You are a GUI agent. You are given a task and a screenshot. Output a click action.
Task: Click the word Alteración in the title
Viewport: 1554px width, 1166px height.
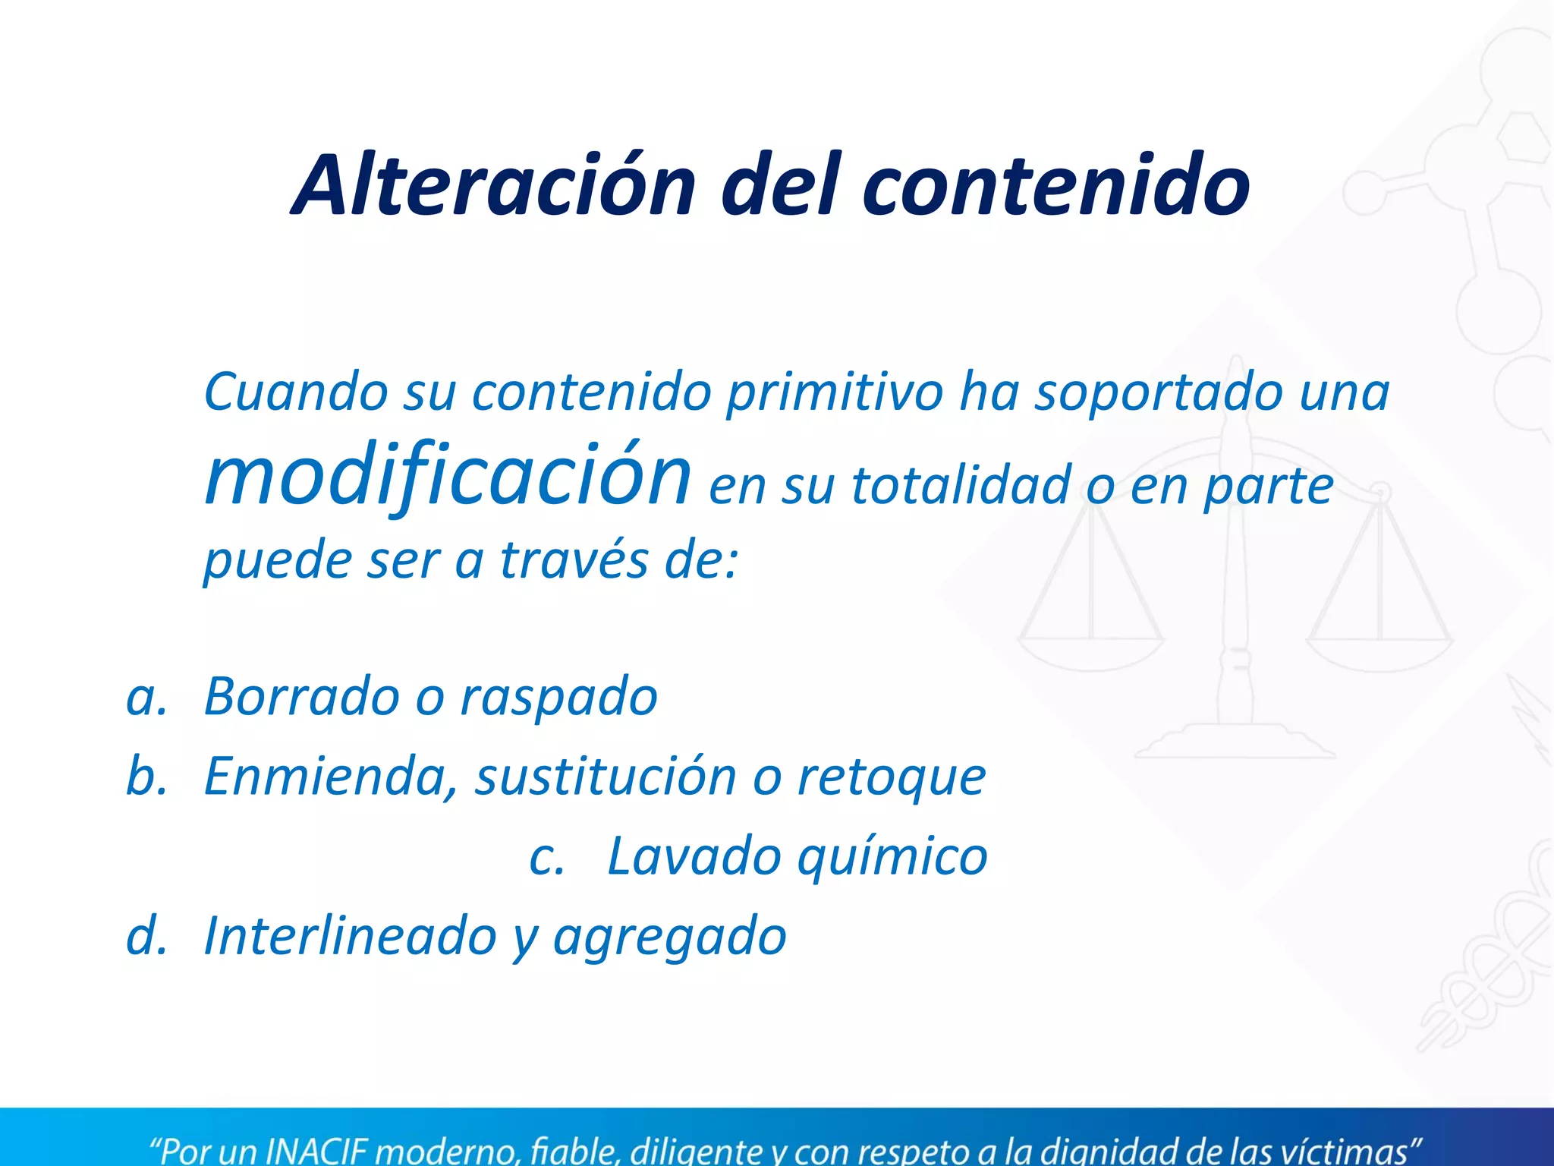[x=494, y=185]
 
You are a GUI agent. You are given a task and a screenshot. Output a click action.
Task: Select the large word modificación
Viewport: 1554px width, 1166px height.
[x=448, y=474]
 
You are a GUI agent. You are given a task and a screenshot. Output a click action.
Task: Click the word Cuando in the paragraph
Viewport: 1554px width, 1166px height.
[x=295, y=392]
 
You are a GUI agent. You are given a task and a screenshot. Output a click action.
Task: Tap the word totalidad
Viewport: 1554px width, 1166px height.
[x=959, y=486]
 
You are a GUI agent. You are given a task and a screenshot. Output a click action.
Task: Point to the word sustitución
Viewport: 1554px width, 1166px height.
[x=606, y=777]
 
